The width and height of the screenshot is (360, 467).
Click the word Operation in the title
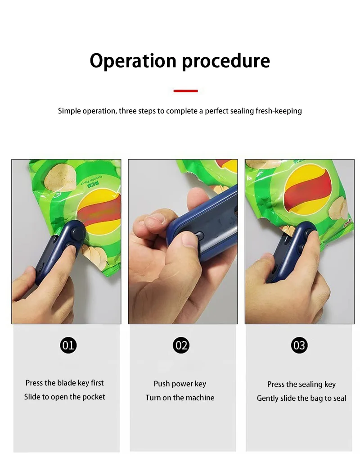133,61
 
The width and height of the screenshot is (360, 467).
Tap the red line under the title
185,91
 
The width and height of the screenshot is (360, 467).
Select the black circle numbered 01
68,345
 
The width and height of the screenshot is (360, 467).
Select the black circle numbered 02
181,345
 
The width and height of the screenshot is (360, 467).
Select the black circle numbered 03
299,345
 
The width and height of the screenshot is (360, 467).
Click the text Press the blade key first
64,383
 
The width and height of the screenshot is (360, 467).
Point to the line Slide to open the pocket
64,397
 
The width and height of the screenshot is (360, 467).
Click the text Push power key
180,384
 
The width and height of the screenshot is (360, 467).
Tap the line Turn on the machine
180,398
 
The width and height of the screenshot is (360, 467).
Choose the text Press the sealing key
301,385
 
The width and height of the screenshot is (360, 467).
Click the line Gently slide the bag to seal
301,399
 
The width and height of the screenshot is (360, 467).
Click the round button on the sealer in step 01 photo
78,233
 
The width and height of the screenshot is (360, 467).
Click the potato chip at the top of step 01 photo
59,177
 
